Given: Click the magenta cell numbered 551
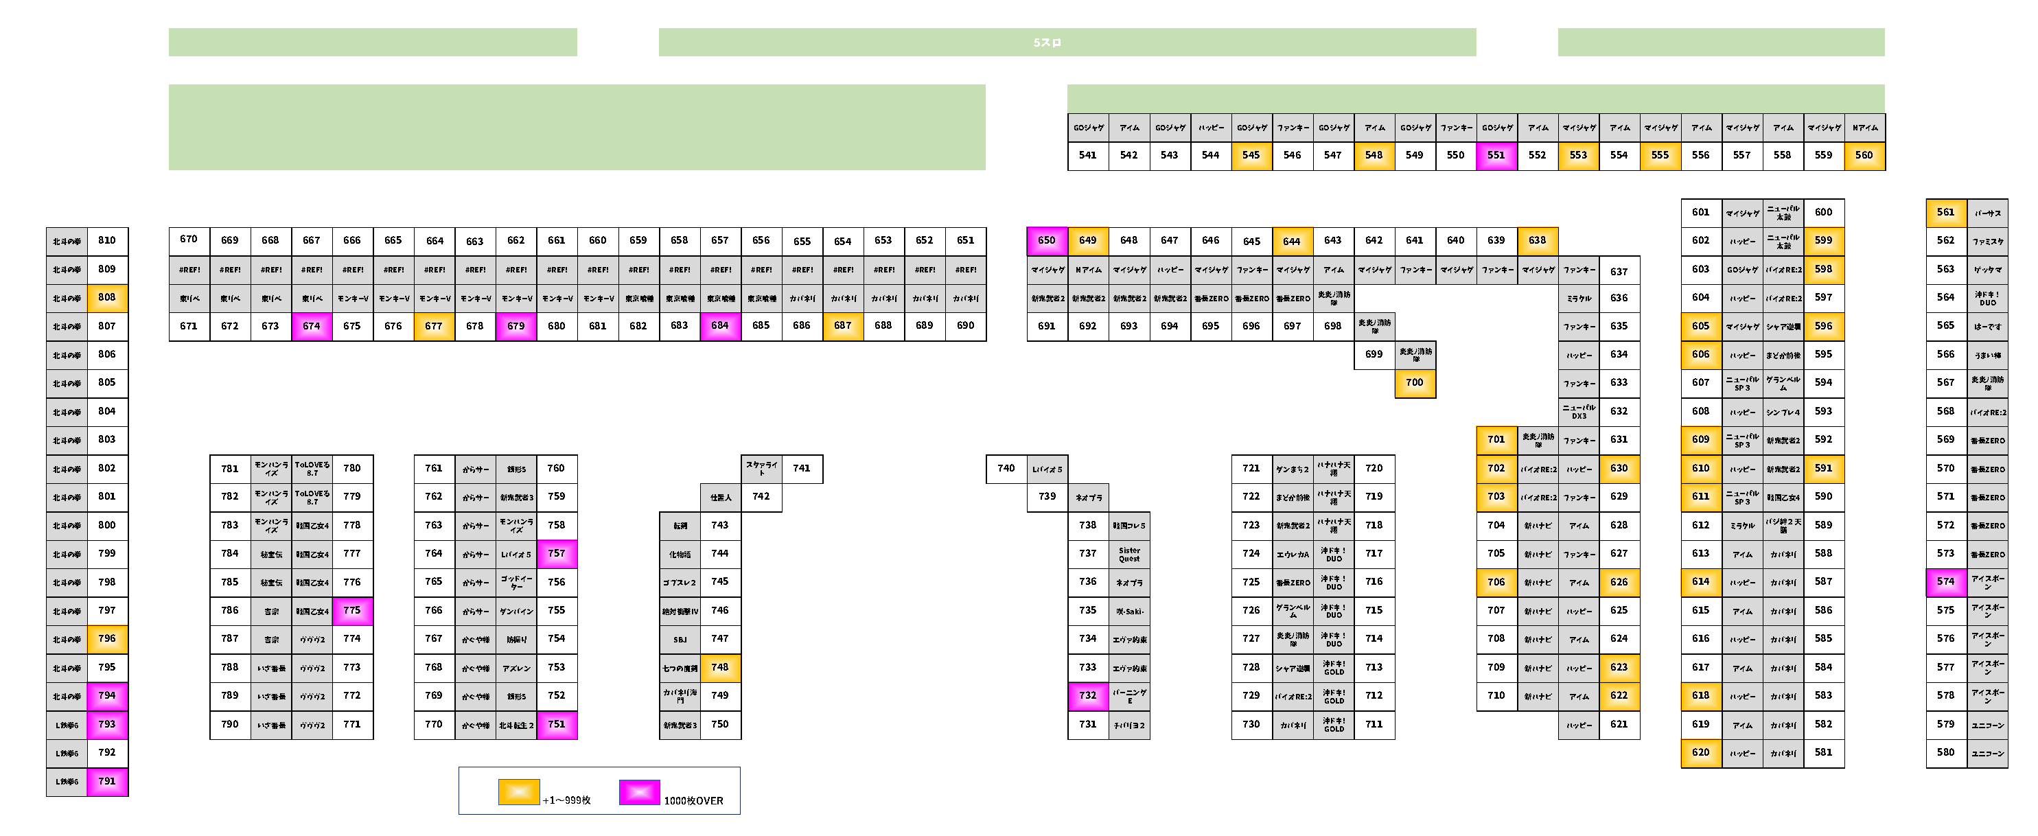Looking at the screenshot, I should [1496, 155].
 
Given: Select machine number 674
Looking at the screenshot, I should [312, 326].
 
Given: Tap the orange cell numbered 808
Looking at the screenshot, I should [107, 297].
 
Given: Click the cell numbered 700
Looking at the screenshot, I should [1415, 383].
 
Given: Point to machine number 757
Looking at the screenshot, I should [557, 554].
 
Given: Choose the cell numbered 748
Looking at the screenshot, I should [720, 668].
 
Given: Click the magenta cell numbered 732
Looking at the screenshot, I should [1088, 696].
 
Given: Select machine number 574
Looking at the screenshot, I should [1945, 582].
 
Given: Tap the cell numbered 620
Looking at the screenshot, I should [1701, 753].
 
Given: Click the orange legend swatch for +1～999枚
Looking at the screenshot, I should [519, 791].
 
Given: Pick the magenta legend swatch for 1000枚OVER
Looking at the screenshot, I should [639, 791].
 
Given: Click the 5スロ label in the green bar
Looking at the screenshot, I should [1047, 43].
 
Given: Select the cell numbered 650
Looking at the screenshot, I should [1047, 240].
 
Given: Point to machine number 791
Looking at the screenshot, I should [107, 781].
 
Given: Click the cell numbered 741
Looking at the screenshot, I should [802, 468].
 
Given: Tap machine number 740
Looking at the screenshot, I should [1006, 468].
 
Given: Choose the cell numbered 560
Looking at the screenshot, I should [1864, 155].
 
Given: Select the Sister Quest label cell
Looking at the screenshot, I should [1129, 555].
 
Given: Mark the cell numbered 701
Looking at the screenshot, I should [1496, 440].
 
